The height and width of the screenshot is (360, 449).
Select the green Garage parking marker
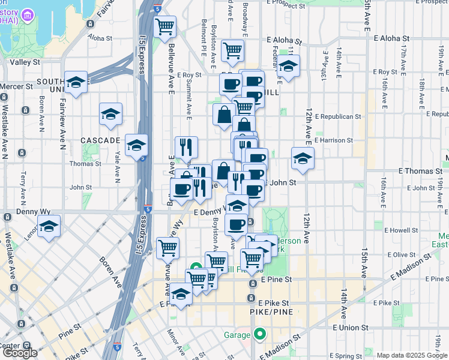tap(260, 333)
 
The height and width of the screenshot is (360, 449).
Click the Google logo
tap(20, 353)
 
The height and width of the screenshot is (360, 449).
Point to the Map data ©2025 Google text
tap(412, 355)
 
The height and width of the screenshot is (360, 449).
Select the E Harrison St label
tap(333, 140)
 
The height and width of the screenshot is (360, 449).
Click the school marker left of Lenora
tap(49, 227)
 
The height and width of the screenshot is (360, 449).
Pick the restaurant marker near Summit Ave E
tap(186, 146)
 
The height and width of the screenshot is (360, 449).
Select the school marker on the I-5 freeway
tap(137, 145)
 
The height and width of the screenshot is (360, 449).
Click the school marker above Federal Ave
tap(289, 67)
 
